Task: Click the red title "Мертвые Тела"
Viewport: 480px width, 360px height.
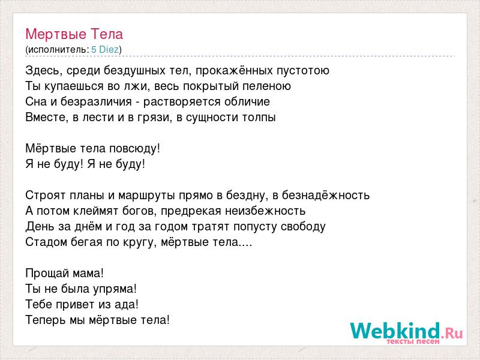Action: pyautogui.click(x=74, y=34)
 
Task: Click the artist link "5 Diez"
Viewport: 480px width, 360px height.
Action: pyautogui.click(x=105, y=50)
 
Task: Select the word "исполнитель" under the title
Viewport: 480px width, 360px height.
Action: pyautogui.click(x=57, y=50)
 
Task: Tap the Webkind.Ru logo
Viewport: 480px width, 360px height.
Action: pyautogui.click(x=407, y=332)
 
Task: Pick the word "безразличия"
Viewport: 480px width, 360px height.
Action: pyautogui.click(x=96, y=102)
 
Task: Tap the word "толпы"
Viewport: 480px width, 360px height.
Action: pyautogui.click(x=259, y=118)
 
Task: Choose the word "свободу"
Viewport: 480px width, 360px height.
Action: pyautogui.click(x=303, y=227)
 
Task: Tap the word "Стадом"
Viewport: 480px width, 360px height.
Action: pyautogui.click(x=47, y=242)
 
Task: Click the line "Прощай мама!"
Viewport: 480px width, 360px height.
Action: pyautogui.click(x=65, y=274)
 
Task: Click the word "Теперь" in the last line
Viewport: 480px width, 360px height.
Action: pyautogui.click(x=46, y=320)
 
